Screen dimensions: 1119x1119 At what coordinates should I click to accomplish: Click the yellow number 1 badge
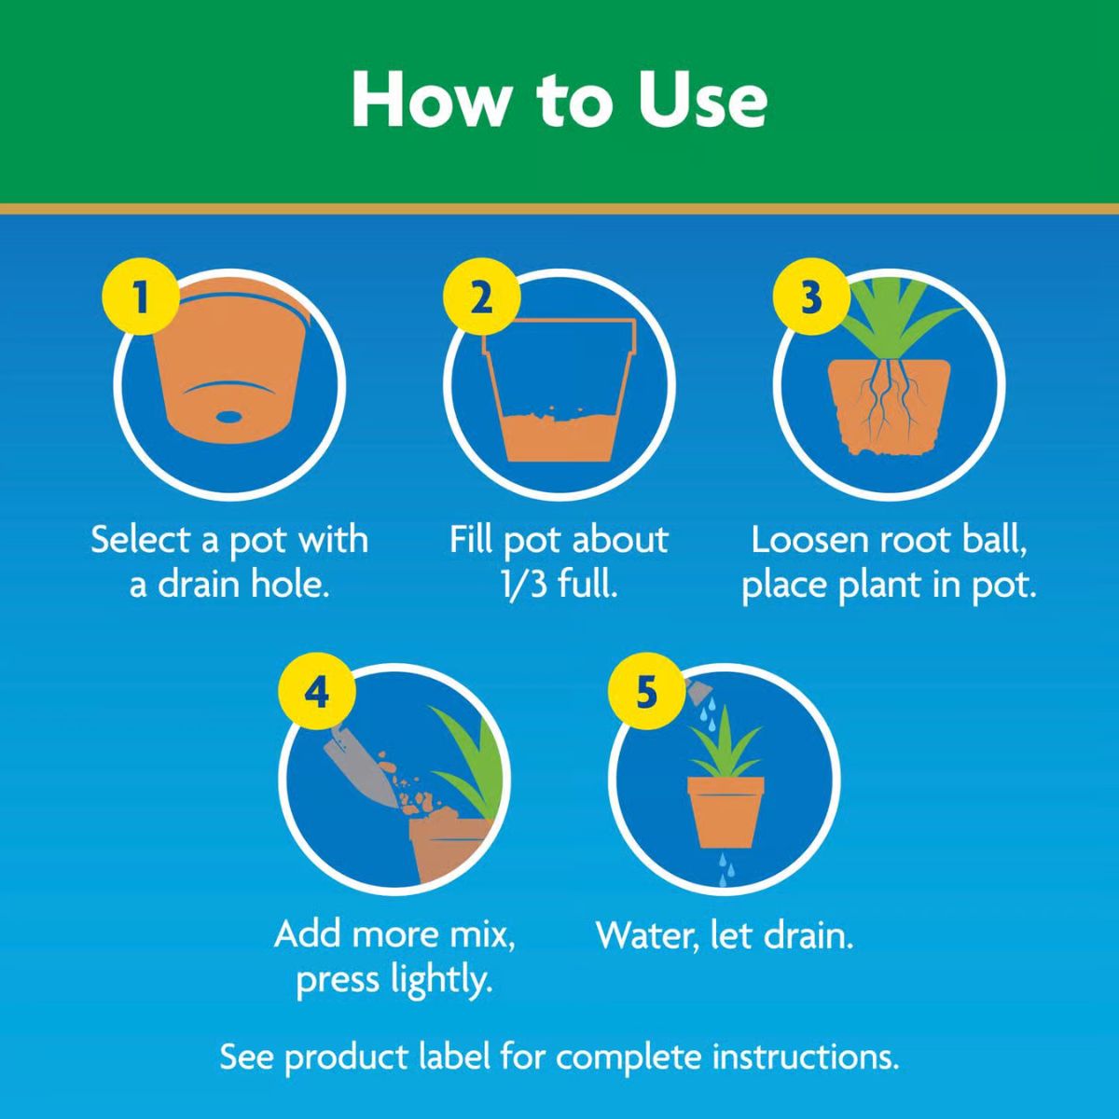141,298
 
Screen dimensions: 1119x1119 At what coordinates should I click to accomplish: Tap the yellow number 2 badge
480,298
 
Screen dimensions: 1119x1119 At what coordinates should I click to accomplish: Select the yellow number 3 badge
810,298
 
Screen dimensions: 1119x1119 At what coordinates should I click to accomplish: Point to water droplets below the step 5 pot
725,867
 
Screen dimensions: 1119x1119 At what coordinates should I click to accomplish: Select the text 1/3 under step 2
525,587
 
